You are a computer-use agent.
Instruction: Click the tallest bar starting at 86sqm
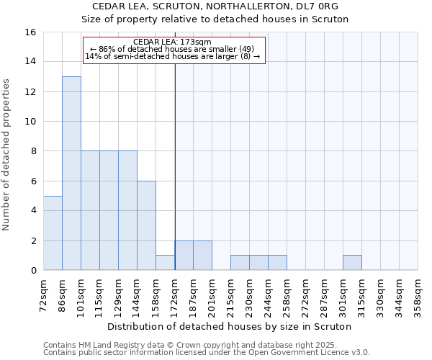(71, 173)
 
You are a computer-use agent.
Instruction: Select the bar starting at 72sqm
(53, 233)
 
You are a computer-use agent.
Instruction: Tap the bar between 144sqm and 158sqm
(146, 225)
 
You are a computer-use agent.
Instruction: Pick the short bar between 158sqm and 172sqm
(165, 263)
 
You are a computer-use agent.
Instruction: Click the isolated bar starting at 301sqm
(352, 263)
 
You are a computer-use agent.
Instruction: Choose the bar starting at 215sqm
(240, 263)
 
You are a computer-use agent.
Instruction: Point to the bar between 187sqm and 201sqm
(202, 256)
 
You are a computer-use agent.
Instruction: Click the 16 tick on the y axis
(30, 32)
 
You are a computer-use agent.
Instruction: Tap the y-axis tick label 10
(30, 122)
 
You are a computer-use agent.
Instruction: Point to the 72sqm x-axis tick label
(43, 295)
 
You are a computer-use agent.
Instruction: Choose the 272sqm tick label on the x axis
(305, 295)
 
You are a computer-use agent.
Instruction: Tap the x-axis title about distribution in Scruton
(230, 326)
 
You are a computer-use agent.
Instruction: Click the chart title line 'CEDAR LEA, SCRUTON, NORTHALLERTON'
(225, 6)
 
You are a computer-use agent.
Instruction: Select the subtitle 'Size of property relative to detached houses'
(225, 19)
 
